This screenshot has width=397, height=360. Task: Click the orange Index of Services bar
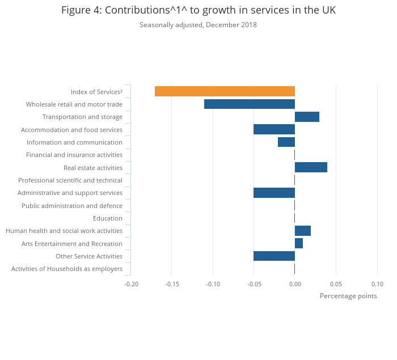point(225,91)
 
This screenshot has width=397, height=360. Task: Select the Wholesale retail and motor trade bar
point(250,104)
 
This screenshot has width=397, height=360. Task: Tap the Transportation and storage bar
point(307,117)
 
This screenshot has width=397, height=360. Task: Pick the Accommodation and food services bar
point(274,129)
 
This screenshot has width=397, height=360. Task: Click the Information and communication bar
point(286,142)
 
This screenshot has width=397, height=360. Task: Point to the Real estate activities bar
point(311,167)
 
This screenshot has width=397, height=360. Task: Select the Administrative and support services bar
point(274,193)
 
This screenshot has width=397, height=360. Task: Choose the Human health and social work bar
point(303,231)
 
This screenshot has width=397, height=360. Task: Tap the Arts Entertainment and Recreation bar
point(299,243)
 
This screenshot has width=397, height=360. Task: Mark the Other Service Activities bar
point(274,256)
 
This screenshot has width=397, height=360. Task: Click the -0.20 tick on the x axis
point(131,284)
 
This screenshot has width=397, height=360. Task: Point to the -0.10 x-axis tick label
point(213,284)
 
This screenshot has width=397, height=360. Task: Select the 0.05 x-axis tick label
point(336,284)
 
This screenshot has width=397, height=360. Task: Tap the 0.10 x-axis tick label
point(377,284)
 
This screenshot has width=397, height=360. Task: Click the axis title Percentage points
point(348,296)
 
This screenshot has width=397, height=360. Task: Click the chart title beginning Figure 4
point(198,11)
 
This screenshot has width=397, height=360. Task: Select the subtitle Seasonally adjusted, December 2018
point(198,25)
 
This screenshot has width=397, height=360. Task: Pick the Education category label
point(108,218)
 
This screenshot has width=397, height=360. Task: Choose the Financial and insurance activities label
point(74,155)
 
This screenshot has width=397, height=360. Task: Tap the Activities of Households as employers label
point(67,269)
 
